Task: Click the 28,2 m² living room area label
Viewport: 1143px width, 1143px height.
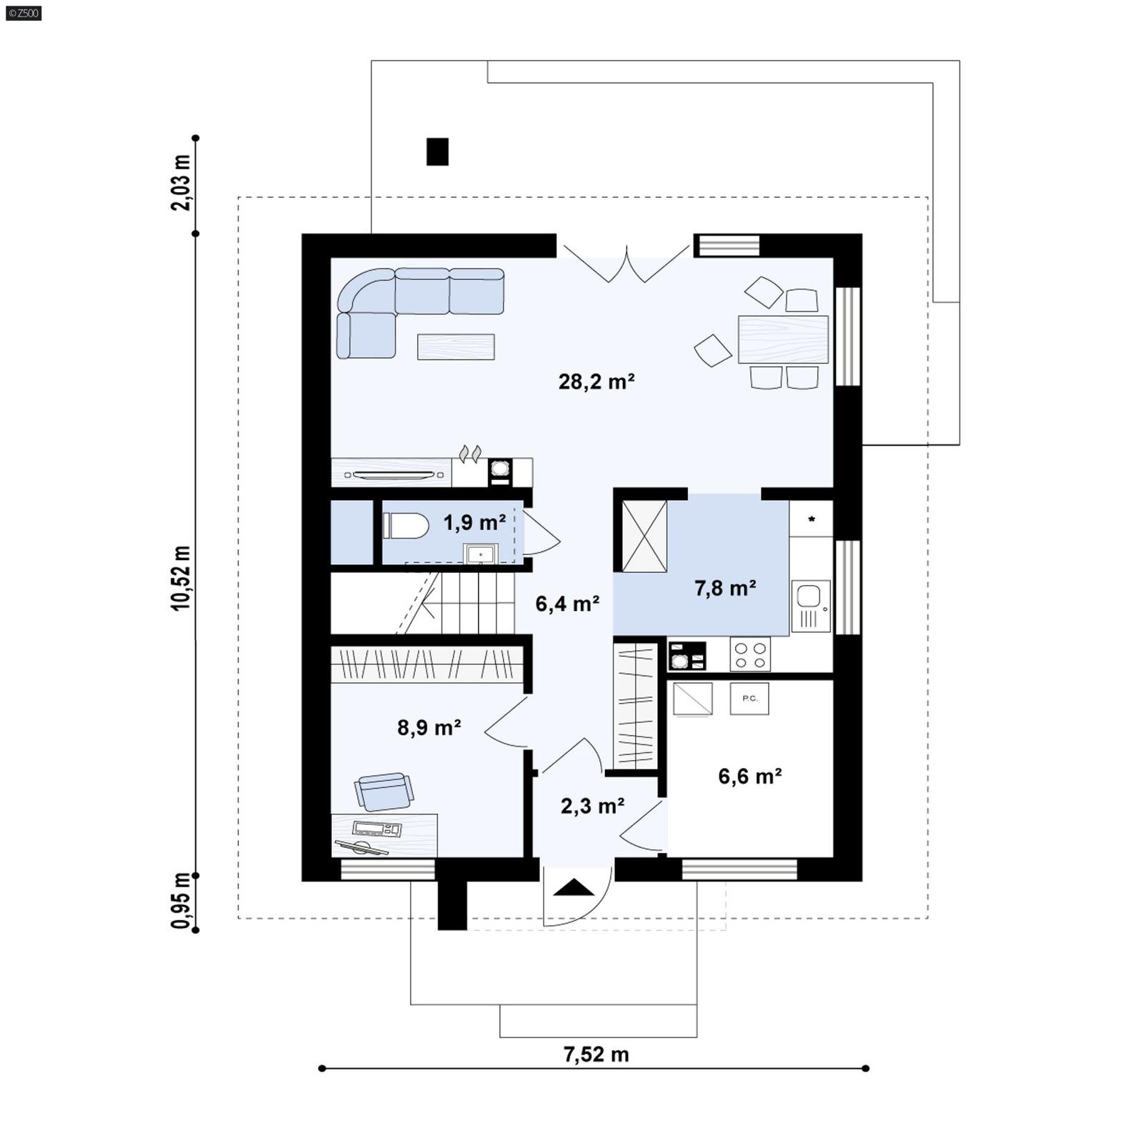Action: click(597, 381)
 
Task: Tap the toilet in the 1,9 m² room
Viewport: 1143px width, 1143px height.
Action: click(406, 526)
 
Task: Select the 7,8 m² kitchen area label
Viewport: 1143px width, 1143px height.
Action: click(725, 588)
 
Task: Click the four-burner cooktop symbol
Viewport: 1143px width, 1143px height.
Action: click(750, 654)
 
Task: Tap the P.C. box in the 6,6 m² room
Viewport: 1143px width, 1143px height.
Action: click(749, 698)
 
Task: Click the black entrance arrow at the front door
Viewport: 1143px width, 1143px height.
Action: click(574, 888)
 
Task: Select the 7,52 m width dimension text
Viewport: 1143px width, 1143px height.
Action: click(596, 1054)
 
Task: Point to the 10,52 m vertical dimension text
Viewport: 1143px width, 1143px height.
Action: click(181, 578)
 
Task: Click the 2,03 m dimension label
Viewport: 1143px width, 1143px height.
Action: click(181, 183)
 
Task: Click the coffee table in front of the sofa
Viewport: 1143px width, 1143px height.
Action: click(456, 346)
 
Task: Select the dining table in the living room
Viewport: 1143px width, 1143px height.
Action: click(783, 339)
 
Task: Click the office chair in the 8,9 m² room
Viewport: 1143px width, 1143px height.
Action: click(384, 791)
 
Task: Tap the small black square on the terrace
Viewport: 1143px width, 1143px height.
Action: click(437, 151)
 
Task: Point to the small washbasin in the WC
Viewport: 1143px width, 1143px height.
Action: click(481, 554)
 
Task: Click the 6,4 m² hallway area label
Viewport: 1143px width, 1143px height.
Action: click(567, 604)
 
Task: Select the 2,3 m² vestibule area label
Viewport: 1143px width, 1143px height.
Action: click(592, 806)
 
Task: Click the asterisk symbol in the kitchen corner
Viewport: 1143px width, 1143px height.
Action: click(812, 519)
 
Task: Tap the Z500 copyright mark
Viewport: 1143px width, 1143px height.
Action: click(23, 13)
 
